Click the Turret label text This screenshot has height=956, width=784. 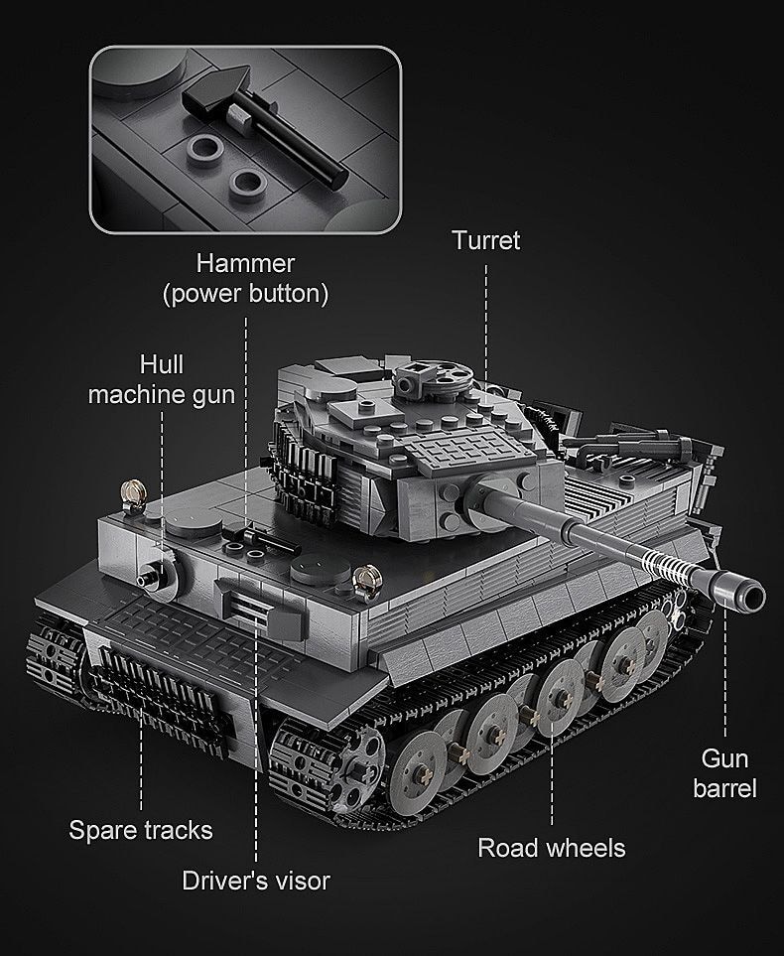(485, 239)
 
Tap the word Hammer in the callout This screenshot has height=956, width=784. (245, 263)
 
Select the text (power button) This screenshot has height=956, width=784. (245, 294)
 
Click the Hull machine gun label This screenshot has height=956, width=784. (162, 379)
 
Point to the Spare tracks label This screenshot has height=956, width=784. (141, 829)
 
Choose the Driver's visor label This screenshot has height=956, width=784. (256, 880)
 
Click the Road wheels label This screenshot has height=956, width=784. (552, 847)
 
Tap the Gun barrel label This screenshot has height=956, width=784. (724, 773)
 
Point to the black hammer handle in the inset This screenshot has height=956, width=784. (298, 145)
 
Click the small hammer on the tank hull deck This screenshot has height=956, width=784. (254, 534)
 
